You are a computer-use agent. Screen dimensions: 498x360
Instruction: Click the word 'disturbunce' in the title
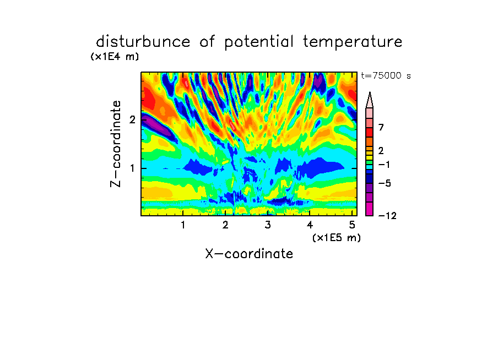click(143, 41)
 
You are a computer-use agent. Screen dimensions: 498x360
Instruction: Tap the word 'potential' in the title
click(259, 42)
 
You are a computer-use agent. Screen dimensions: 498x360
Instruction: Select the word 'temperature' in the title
click(353, 42)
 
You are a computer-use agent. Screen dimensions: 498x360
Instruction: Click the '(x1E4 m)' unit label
click(115, 57)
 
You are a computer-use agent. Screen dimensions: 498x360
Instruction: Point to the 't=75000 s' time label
click(386, 75)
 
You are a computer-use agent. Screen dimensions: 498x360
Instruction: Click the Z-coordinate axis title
click(116, 144)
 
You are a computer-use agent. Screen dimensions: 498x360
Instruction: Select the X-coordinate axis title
click(249, 254)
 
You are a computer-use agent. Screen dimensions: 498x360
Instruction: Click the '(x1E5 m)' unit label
click(337, 238)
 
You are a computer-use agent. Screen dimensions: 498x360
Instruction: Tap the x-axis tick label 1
click(183, 225)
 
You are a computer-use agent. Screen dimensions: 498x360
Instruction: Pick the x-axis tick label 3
click(268, 225)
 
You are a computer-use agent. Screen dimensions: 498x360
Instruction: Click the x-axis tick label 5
click(352, 225)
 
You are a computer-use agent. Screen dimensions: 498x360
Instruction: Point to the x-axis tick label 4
click(310, 225)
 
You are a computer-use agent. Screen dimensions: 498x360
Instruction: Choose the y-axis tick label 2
click(132, 119)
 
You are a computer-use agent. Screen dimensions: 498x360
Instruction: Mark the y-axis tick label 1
click(132, 168)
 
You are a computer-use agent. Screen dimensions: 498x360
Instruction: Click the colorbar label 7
click(381, 128)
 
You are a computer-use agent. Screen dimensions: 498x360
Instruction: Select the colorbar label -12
click(387, 216)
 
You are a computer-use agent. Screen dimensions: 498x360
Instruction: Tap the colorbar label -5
click(385, 183)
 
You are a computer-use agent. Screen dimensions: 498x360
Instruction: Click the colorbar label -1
click(384, 165)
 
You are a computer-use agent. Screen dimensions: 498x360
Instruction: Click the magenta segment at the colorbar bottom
click(370, 209)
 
